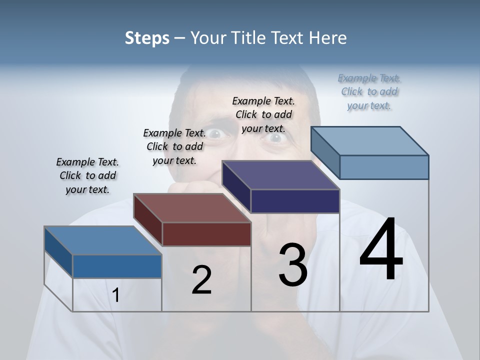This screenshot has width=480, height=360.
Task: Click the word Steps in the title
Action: click(147, 38)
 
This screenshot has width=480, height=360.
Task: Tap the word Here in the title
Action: click(327, 38)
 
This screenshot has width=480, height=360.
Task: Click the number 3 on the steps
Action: click(293, 265)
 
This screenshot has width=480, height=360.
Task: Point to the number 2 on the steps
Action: click(201, 280)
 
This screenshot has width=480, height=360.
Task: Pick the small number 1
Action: click(116, 295)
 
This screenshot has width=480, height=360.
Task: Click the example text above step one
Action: click(87, 175)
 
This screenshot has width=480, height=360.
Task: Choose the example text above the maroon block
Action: click(174, 146)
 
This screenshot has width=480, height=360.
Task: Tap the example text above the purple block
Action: click(263, 114)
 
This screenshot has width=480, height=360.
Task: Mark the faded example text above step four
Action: click(369, 91)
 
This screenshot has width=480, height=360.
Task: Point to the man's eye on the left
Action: click(215, 133)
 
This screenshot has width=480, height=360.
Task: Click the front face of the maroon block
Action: click(206, 234)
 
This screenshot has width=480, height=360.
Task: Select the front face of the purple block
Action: click(295, 201)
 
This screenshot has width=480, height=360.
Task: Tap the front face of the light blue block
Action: click(384, 167)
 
